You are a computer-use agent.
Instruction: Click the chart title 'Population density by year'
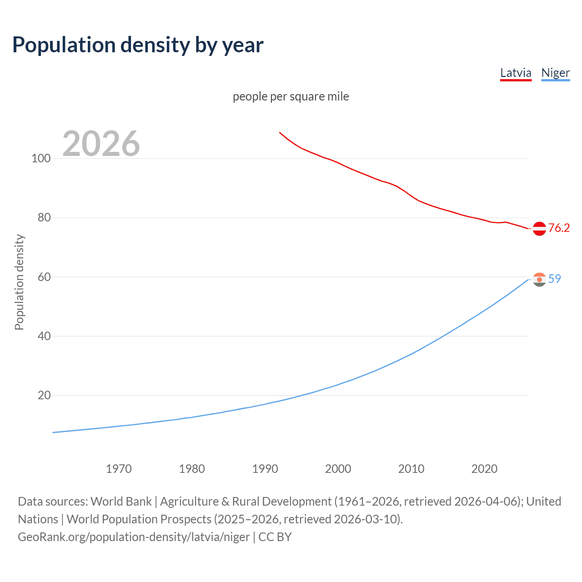(x=138, y=45)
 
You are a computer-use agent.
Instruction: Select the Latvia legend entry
(x=516, y=73)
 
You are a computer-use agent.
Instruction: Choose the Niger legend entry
(x=555, y=73)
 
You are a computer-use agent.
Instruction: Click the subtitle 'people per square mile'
(x=291, y=96)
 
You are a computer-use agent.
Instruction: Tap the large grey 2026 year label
(x=101, y=144)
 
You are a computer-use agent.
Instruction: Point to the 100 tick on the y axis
(x=41, y=159)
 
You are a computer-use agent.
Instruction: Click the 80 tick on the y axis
(x=44, y=218)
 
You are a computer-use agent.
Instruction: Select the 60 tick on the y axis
(x=44, y=277)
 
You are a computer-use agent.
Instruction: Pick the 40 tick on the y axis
(x=44, y=336)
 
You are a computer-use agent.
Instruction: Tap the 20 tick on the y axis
(x=44, y=396)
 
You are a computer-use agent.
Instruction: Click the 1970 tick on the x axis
(x=119, y=469)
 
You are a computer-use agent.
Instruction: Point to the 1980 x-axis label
(x=192, y=469)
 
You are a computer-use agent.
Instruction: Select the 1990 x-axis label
(x=265, y=469)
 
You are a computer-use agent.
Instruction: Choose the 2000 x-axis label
(x=338, y=469)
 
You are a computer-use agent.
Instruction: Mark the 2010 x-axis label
(x=411, y=469)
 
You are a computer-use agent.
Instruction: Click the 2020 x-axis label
(x=485, y=469)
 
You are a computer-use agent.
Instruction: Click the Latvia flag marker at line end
(x=539, y=229)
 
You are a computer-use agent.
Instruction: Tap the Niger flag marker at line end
(x=539, y=280)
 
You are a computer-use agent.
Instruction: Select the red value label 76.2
(x=559, y=228)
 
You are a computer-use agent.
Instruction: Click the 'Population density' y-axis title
(x=19, y=282)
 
